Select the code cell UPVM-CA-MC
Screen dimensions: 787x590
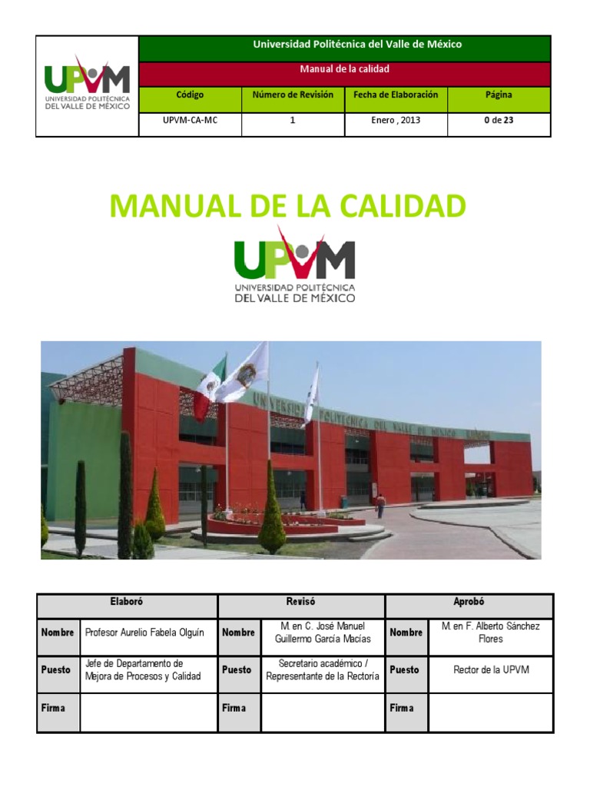pos(190,121)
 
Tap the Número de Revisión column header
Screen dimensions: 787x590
pos(293,95)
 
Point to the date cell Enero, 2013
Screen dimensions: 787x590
pos(396,121)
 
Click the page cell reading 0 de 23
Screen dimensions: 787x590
pos(499,121)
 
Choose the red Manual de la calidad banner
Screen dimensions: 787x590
pos(344,69)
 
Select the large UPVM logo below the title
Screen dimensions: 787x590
pos(294,265)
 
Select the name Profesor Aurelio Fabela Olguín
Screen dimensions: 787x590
pos(145,633)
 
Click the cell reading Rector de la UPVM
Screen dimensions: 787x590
pos(491,669)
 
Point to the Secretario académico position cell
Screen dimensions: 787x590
pos(323,669)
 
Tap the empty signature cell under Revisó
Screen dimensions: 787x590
pos(323,712)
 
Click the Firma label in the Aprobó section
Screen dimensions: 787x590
pos(402,708)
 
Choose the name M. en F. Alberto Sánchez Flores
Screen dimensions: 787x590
pos(491,633)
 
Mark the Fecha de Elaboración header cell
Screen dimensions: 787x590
pos(396,95)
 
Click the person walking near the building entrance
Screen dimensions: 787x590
pos(380,505)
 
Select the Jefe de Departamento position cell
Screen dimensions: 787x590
pos(145,669)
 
